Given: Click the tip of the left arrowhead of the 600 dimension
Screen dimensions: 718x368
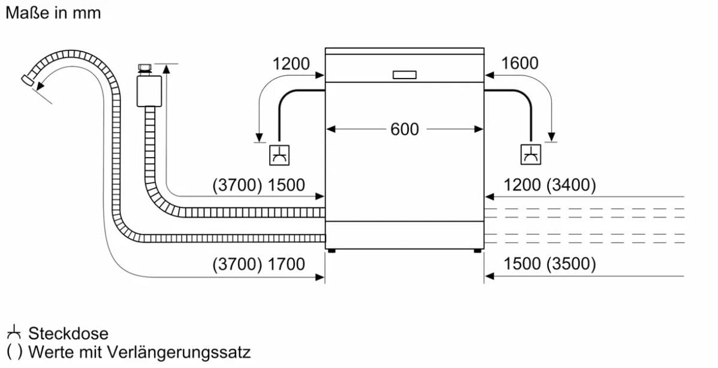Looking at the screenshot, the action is (x=326, y=129).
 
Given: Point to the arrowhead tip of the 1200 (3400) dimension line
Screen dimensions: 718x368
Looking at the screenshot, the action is (x=484, y=197).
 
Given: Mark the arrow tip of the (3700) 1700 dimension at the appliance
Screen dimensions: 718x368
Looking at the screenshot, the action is (x=324, y=277).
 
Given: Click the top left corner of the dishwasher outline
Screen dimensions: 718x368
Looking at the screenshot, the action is (x=325, y=47).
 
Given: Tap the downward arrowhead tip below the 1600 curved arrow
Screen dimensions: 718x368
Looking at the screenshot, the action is (x=551, y=141).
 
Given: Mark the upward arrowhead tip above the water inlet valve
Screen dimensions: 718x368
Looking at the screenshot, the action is (x=166, y=65).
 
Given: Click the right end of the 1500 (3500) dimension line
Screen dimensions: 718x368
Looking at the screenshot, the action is (x=684, y=276).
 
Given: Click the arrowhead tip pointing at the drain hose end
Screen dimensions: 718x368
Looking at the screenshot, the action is (x=36, y=88).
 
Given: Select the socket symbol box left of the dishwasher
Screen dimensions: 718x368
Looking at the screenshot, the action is (x=279, y=155).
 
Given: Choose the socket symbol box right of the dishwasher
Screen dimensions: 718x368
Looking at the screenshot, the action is (x=531, y=154).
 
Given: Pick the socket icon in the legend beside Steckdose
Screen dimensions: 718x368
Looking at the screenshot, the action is (x=14, y=332).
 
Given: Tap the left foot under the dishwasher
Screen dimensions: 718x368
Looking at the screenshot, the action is (x=332, y=251).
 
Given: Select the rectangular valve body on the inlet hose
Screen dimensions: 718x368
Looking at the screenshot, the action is (x=149, y=91).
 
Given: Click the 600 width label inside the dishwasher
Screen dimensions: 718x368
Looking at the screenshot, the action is (x=405, y=129).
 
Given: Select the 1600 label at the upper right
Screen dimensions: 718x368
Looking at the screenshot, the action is (x=520, y=63).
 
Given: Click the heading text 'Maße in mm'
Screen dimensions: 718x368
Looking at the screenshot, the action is (x=53, y=13).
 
